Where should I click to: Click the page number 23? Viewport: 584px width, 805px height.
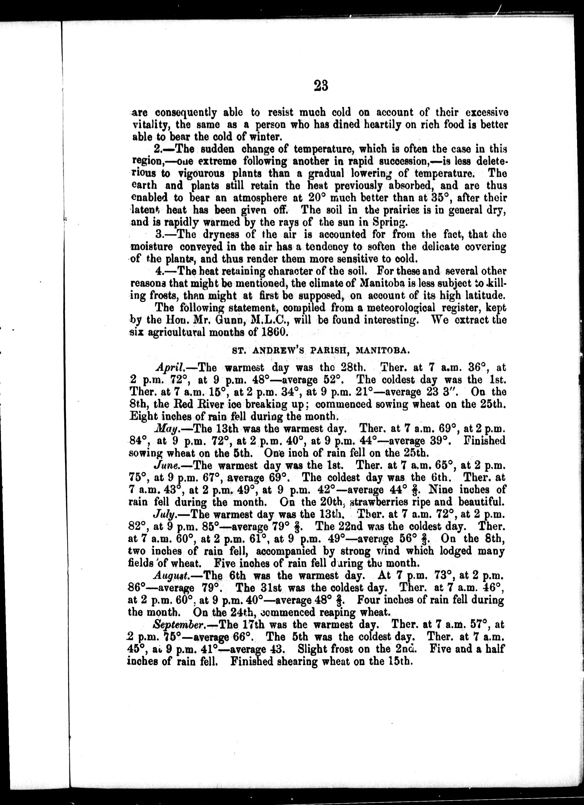coord(320,86)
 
